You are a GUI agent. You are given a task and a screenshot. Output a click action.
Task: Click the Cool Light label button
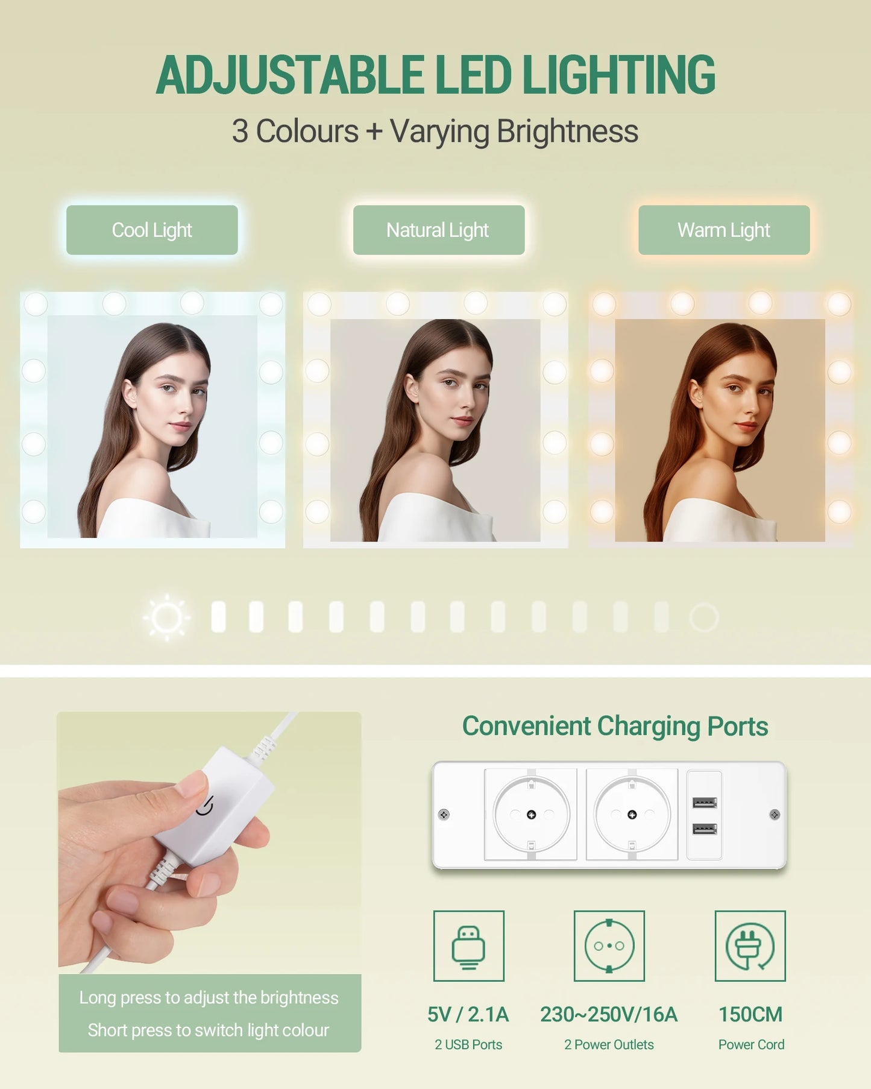click(152, 230)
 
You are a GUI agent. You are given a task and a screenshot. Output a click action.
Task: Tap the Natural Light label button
click(439, 230)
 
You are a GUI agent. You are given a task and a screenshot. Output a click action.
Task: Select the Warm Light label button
click(724, 230)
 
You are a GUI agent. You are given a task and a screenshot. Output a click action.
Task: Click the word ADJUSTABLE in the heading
click(290, 75)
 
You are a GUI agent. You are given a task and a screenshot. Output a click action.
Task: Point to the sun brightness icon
click(167, 617)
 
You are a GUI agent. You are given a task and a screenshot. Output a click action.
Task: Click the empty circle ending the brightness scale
click(704, 617)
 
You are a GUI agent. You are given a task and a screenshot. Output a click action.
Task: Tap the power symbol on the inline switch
click(206, 806)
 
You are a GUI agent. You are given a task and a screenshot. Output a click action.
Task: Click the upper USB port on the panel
click(704, 803)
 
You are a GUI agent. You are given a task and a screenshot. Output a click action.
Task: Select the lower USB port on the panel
click(704, 829)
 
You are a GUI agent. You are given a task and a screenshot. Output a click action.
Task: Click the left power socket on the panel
click(531, 815)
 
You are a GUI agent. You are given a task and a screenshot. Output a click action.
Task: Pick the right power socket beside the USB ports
click(632, 815)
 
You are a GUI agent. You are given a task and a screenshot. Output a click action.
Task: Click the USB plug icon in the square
click(469, 946)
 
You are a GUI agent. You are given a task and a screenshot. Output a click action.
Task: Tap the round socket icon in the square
click(609, 946)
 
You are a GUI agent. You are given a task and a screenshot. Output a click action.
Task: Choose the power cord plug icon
click(750, 946)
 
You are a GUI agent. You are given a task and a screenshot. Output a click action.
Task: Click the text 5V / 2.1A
click(468, 1014)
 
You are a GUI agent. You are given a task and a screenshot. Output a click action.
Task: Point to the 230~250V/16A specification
click(609, 1014)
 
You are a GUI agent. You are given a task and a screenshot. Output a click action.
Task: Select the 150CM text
click(750, 1014)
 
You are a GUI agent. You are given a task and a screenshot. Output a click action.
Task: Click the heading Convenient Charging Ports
click(615, 727)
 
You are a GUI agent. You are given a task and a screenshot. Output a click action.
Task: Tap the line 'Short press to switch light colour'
click(209, 1030)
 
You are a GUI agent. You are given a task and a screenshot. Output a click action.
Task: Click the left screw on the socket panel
click(444, 815)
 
